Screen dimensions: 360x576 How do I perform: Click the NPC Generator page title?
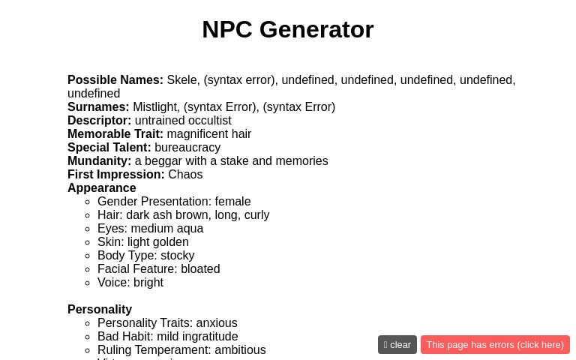287,29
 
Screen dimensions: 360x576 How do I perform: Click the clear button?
397,345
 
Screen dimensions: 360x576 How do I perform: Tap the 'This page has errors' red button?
495,345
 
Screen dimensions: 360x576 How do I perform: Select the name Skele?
181,80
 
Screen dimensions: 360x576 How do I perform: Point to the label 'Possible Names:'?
115,80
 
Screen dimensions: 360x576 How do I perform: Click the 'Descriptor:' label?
99,121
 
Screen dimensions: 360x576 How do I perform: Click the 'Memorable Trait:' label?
115,134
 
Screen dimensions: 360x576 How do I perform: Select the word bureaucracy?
187,148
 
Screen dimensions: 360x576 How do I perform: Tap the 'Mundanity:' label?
99,161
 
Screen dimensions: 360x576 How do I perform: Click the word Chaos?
185,175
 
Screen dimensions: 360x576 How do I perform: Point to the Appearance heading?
102,188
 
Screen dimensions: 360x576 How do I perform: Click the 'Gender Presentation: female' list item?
174,202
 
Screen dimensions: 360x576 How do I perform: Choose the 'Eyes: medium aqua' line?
150,229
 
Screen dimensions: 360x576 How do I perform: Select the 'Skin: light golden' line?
143,242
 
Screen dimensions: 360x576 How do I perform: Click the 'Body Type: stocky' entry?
145,256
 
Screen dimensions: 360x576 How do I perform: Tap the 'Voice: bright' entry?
130,283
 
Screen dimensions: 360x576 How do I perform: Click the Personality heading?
100,310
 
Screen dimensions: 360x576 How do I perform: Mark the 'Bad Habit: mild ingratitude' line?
167,337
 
